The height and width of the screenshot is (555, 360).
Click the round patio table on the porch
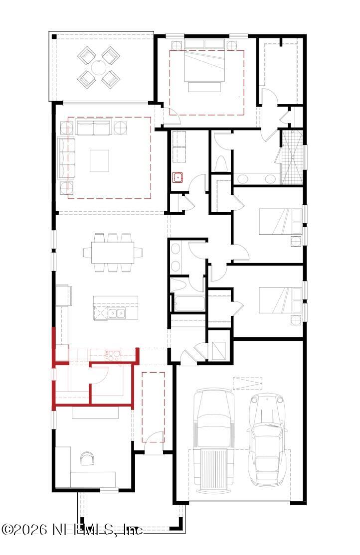[x=98, y=67]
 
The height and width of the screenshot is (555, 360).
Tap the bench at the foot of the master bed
[x=204, y=87]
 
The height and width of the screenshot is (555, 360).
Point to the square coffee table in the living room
[x=99, y=160]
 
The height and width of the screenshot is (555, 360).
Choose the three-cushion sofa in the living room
[x=66, y=157]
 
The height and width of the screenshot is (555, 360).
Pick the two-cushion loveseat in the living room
[x=93, y=127]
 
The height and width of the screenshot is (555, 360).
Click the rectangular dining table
[x=113, y=252]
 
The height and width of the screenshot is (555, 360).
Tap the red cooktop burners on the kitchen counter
[x=113, y=355]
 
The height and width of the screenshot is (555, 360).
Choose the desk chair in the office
[x=87, y=458]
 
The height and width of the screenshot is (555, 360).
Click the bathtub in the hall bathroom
[x=187, y=303]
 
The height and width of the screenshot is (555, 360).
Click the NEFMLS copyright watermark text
[x=72, y=530]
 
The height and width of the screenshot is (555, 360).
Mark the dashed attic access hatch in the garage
[x=247, y=383]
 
